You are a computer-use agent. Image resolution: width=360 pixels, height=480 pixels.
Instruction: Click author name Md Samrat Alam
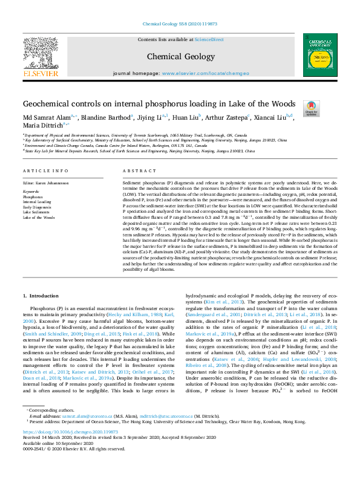click(x=44, y=117)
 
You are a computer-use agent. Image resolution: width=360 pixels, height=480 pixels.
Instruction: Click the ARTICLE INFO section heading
click(x=45, y=171)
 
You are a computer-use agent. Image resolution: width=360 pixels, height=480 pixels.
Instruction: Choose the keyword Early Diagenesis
click(x=37, y=207)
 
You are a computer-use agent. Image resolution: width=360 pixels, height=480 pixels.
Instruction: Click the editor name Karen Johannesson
click(x=52, y=182)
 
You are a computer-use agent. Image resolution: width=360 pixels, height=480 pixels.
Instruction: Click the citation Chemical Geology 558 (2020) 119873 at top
click(x=180, y=24)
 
